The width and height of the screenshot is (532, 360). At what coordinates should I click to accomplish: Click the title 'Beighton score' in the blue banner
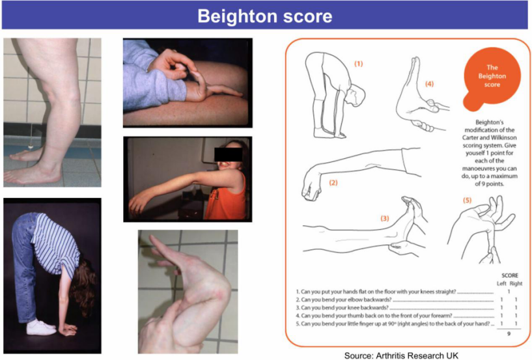(x=265, y=16)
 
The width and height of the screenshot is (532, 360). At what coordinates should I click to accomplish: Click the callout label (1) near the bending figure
(x=359, y=64)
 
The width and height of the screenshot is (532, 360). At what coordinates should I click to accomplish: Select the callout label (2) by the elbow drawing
(x=333, y=182)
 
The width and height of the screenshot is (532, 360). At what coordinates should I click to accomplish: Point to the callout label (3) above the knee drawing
(x=384, y=218)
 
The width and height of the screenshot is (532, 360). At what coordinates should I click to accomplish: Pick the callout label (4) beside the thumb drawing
(x=429, y=84)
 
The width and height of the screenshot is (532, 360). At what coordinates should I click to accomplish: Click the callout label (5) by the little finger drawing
(x=467, y=201)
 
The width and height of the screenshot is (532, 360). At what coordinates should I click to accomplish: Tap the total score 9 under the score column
(x=509, y=334)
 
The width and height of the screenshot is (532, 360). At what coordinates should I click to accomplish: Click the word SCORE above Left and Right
(x=510, y=275)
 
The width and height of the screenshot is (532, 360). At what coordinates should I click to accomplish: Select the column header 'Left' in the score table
(x=501, y=283)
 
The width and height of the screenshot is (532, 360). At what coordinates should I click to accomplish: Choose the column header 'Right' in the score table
(x=516, y=283)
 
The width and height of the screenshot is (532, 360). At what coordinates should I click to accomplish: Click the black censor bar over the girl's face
(x=229, y=154)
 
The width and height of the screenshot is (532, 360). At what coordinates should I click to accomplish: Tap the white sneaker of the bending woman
(x=40, y=327)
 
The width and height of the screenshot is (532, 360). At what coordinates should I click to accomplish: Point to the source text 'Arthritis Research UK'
(x=417, y=355)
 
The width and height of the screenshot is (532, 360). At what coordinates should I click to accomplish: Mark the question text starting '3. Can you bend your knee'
(x=342, y=308)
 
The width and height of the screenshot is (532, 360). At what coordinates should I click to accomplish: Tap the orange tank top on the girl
(x=225, y=201)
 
